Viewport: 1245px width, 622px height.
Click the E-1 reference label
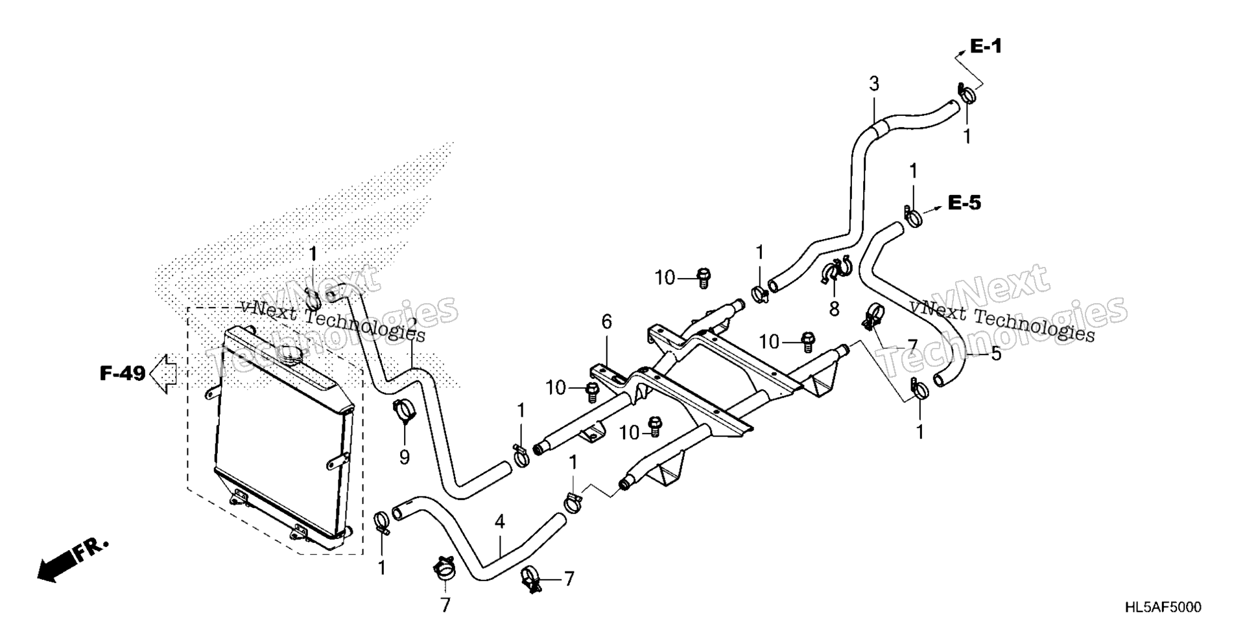point(986,46)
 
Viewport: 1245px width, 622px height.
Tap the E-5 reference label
point(964,203)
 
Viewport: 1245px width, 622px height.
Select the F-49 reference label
point(123,374)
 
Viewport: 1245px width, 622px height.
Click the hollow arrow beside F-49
point(164,374)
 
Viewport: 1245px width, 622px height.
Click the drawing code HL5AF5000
point(1163,607)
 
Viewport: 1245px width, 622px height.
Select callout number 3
point(874,84)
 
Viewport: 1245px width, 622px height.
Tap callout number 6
point(606,321)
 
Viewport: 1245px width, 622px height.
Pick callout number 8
point(834,310)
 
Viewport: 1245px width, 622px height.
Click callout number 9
point(404,458)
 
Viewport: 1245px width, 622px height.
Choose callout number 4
point(499,522)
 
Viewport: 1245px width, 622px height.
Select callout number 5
point(995,354)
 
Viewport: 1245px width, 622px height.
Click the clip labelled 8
point(836,271)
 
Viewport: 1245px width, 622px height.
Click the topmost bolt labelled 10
point(702,277)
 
